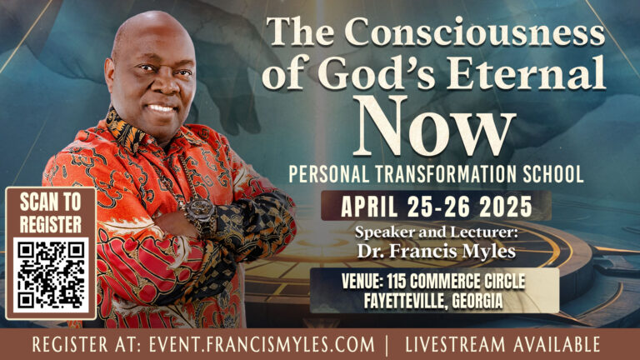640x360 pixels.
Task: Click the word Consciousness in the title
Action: [475, 32]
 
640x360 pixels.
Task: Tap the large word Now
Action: [436, 127]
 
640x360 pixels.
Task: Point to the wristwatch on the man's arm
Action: [201, 215]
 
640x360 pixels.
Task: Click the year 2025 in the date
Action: [505, 206]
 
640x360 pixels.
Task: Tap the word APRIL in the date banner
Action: [369, 206]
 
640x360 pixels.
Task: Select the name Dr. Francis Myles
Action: [437, 251]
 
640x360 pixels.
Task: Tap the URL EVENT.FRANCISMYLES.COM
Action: [261, 344]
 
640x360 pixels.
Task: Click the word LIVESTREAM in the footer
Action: [455, 344]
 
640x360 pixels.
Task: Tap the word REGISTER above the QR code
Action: [51, 224]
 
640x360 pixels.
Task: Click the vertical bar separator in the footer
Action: [387, 345]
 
